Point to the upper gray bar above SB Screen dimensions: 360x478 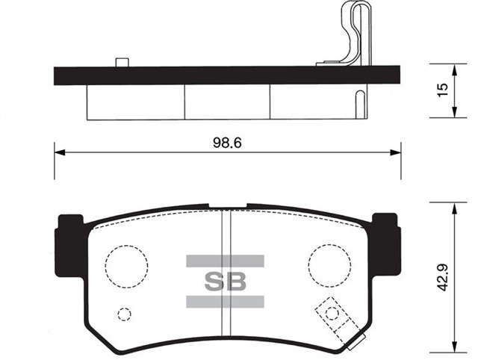[x=225, y=260]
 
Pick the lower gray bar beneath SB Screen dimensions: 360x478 [x=225, y=301]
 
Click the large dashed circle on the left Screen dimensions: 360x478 [x=126, y=264]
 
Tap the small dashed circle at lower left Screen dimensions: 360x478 [x=125, y=314]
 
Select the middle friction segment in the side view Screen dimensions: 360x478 [x=226, y=101]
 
